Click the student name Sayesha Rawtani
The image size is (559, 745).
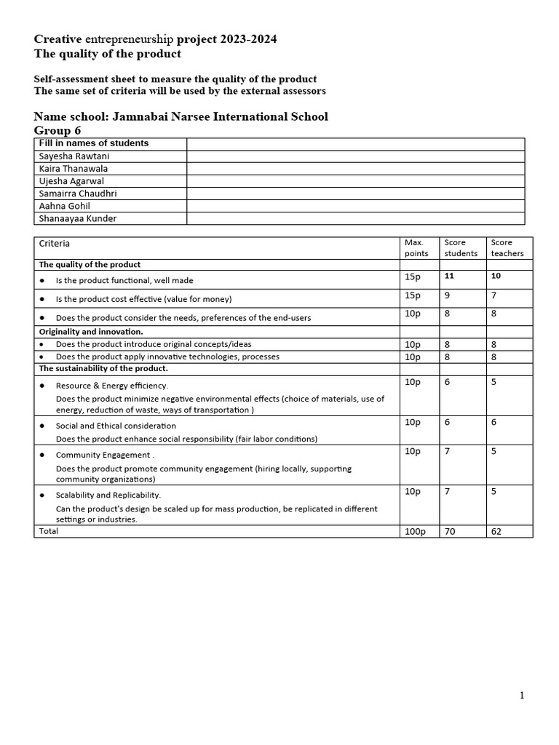(74, 156)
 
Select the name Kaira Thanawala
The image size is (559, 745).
(73, 168)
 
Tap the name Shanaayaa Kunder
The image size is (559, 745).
(77, 218)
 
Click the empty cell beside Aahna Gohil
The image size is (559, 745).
(355, 206)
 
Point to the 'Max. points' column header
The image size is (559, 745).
(414, 247)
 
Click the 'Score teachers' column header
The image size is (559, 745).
(507, 247)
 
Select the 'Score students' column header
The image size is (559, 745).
(461, 247)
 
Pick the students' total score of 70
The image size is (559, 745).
(450, 532)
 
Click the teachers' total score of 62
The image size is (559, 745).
(496, 532)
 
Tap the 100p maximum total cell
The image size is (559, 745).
(414, 532)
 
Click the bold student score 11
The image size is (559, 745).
(449, 276)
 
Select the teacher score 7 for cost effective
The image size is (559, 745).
(493, 295)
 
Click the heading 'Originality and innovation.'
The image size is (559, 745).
(91, 332)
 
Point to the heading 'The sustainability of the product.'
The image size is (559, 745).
(103, 369)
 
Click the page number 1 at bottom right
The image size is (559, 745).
(522, 696)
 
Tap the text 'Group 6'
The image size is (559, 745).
(58, 130)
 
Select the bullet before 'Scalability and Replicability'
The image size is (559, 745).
(42, 495)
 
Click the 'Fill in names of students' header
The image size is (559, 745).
(93, 143)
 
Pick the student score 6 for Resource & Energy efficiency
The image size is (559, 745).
(447, 382)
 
